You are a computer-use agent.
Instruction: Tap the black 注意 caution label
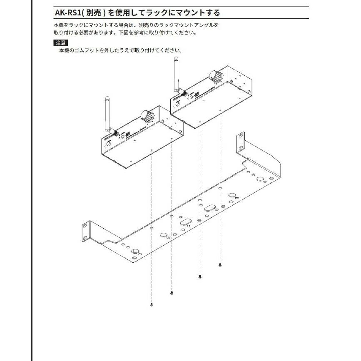tap(60, 43)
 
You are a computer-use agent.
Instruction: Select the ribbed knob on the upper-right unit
tap(216, 77)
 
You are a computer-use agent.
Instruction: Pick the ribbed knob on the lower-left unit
tap(147, 116)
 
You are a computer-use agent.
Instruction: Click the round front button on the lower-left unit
tap(108, 144)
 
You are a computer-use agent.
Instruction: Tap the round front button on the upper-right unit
tap(177, 104)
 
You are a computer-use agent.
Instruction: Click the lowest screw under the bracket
tap(152, 305)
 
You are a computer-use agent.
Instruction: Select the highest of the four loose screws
tap(220, 265)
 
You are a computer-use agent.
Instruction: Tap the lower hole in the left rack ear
tap(85, 238)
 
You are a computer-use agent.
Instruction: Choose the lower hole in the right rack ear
tap(241, 148)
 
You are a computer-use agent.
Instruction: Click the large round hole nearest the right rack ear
tap(260, 179)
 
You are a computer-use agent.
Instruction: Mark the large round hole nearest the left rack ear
tap(134, 251)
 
